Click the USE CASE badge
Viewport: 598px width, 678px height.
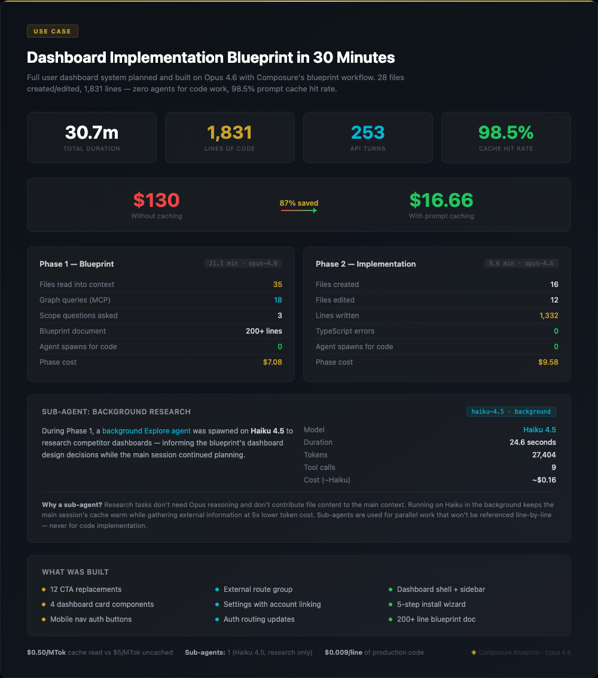(x=53, y=31)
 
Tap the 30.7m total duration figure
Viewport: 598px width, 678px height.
(x=91, y=133)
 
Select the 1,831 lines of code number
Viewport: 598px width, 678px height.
(x=230, y=133)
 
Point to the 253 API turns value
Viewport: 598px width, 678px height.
(x=368, y=133)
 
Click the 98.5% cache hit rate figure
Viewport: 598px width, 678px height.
(x=506, y=133)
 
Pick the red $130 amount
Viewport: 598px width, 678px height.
(x=156, y=200)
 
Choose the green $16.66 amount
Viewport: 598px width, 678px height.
(x=441, y=200)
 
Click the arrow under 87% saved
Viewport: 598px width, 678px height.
(x=299, y=210)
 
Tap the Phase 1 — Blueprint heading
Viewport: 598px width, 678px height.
(x=77, y=264)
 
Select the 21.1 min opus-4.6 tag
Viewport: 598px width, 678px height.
(x=243, y=263)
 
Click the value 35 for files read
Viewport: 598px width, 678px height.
(x=277, y=285)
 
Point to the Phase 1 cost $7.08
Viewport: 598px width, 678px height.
(x=273, y=362)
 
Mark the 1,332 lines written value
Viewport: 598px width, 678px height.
(x=548, y=316)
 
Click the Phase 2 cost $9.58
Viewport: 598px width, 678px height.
(x=548, y=362)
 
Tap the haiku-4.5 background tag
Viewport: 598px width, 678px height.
(x=511, y=411)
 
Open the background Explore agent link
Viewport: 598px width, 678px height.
(x=147, y=430)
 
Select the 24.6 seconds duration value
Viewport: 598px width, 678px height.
(x=532, y=442)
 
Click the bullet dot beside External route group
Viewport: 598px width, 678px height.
(x=217, y=590)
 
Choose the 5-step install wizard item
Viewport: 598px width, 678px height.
(x=431, y=604)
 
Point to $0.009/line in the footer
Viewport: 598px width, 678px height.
(x=343, y=652)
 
